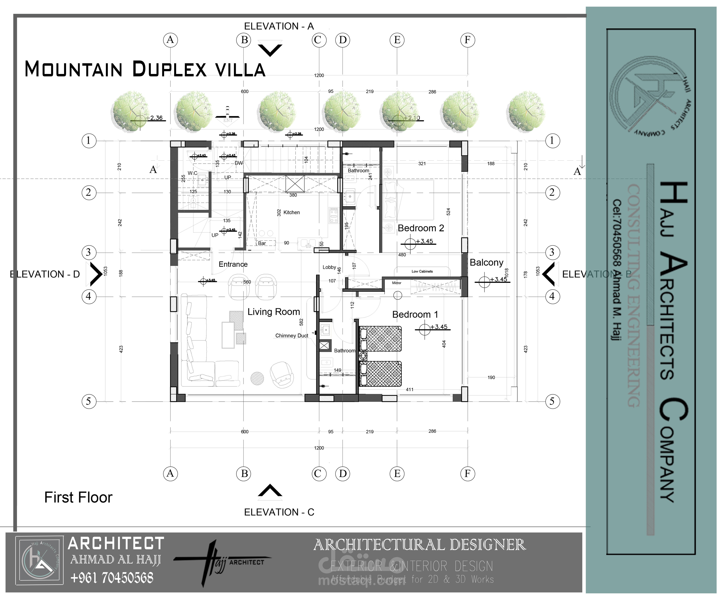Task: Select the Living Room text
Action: pos(274,312)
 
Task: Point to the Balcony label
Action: pos(487,263)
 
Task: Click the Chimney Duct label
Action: pos(292,336)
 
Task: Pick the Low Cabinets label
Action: pos(422,271)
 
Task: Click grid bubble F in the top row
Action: pos(468,40)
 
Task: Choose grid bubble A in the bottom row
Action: pos(170,473)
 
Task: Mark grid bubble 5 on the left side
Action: pos(89,402)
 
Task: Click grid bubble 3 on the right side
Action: pos(552,252)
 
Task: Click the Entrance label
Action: pos(233,264)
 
